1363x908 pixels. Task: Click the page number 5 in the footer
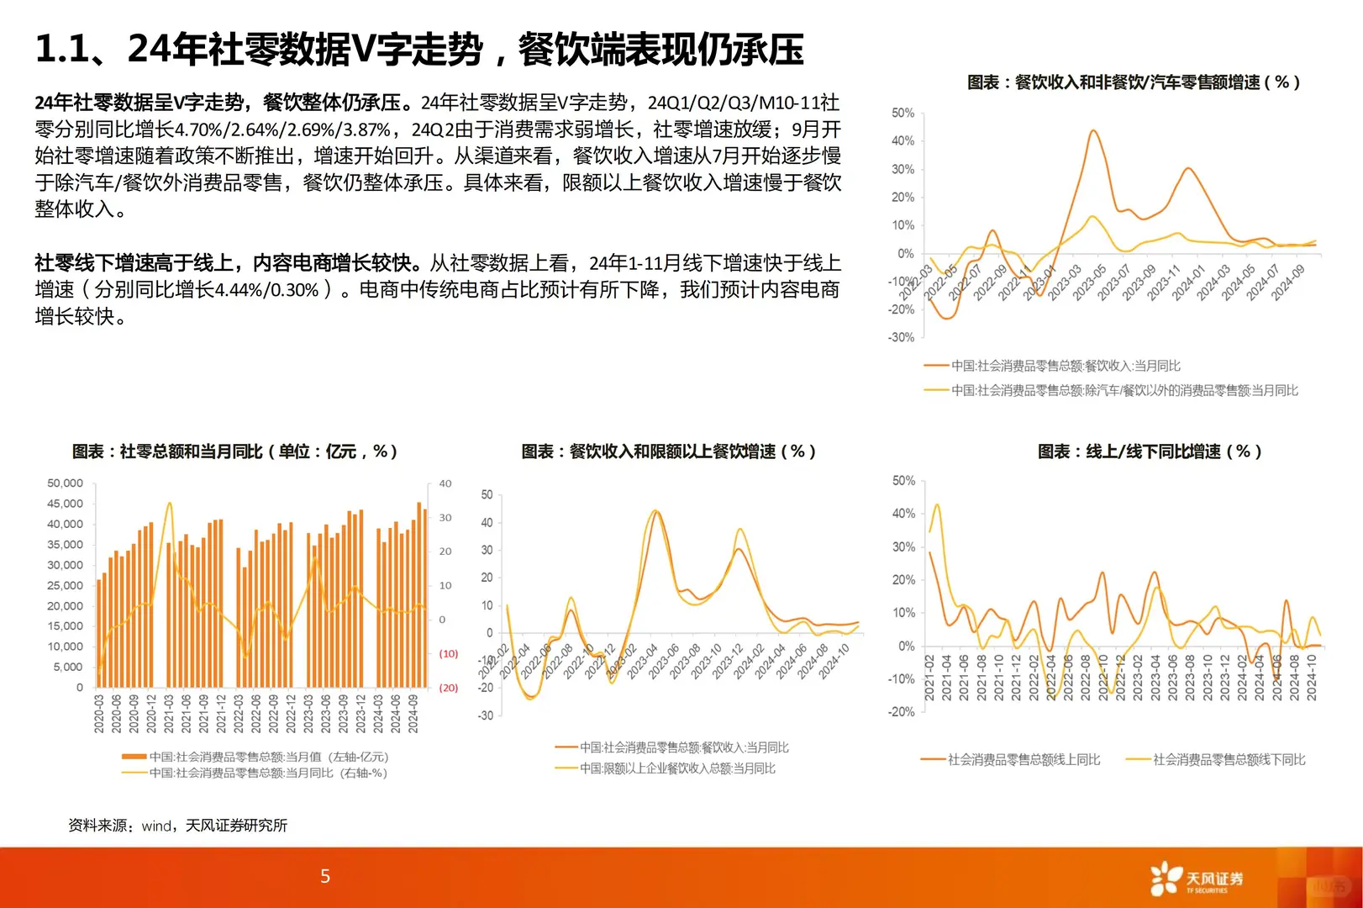tap(325, 876)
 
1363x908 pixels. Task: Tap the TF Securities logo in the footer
tap(1197, 879)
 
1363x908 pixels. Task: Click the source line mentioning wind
tap(177, 826)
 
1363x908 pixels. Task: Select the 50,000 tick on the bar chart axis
tap(65, 483)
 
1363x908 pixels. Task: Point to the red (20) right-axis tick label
tap(448, 688)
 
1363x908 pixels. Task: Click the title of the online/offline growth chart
tap(1149, 451)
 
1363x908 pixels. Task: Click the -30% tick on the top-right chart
tap(902, 337)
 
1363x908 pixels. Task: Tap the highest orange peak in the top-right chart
tap(1093, 131)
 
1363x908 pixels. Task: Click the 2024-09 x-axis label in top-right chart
tap(1287, 282)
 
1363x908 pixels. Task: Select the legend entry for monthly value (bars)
tap(255, 757)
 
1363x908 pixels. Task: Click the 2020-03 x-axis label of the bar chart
tap(99, 714)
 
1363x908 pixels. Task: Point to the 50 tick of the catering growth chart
tap(487, 495)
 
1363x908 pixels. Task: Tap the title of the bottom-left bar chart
tap(234, 451)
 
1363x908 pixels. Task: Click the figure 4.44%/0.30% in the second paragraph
tap(266, 290)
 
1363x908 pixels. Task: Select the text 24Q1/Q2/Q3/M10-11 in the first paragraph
tap(743, 103)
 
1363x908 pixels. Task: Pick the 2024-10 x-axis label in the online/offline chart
tap(1312, 678)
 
